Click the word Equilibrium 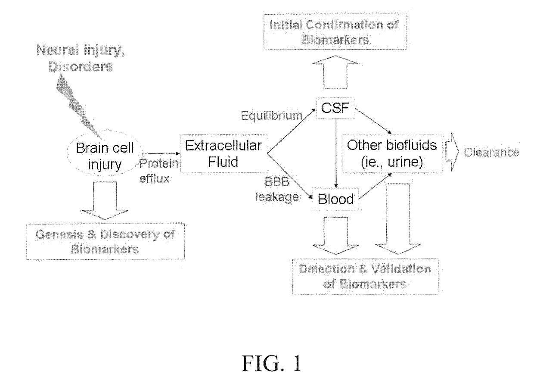coord(272,115)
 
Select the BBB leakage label coord(277,190)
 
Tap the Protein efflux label coord(159,171)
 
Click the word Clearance coord(491,153)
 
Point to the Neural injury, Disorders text coord(81,58)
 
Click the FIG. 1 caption coord(272,364)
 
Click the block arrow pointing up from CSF coord(335,72)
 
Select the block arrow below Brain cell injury coord(105,200)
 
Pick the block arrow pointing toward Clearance coord(452,152)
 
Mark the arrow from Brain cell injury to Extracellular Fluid coord(161,153)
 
